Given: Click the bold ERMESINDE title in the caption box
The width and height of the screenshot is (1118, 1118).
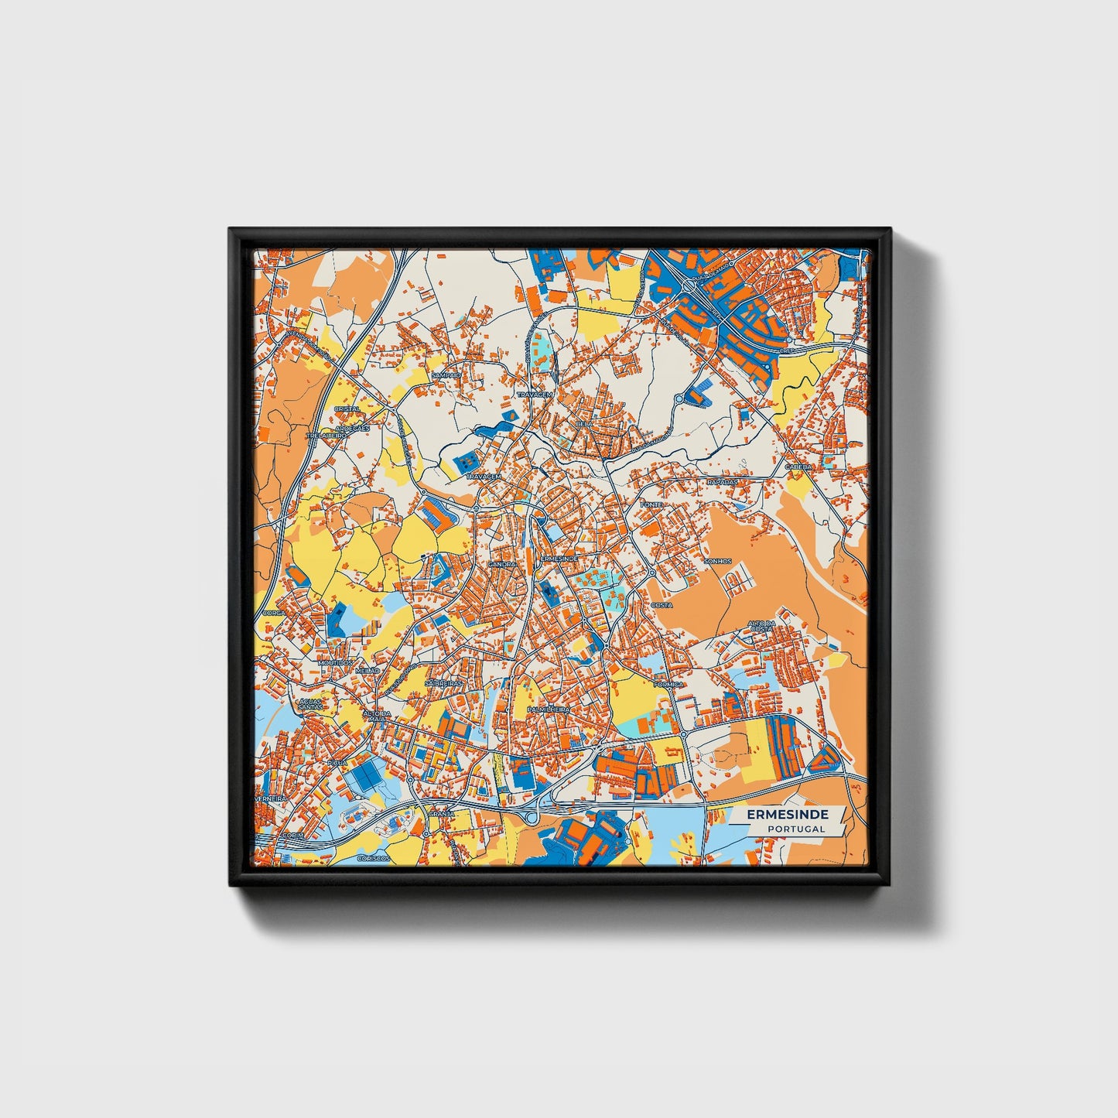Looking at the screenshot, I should [x=788, y=815].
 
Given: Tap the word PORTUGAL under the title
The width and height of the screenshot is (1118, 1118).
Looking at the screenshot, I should [x=796, y=829].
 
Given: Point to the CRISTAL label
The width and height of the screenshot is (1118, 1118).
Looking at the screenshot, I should [x=346, y=409].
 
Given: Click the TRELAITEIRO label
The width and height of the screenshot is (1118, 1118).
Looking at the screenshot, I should [x=326, y=436].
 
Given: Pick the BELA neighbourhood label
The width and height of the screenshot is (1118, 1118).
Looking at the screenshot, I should [x=585, y=424].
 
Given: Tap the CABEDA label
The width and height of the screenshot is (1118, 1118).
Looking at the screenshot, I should [x=798, y=467].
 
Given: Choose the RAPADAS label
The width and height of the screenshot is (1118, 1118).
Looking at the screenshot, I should [x=722, y=481].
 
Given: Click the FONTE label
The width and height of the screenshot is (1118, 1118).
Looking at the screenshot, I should [x=651, y=504].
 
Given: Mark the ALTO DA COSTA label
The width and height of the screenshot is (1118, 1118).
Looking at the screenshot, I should [x=761, y=627].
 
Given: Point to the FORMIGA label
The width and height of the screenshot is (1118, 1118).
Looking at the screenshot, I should [x=668, y=685].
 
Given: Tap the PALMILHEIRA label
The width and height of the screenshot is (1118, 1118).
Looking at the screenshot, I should [x=548, y=709].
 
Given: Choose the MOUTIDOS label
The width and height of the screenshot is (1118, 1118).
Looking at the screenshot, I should [x=334, y=663].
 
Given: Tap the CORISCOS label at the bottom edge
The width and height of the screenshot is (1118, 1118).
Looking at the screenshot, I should [x=374, y=859].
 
